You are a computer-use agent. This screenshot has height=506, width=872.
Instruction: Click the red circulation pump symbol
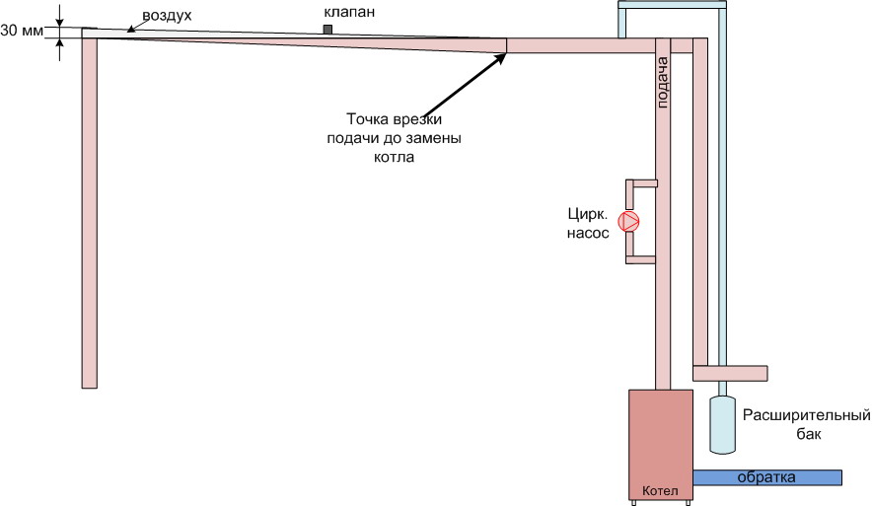(630, 222)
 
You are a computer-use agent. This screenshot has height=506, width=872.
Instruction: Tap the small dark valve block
(328, 30)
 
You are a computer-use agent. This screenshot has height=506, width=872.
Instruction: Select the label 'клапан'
(349, 12)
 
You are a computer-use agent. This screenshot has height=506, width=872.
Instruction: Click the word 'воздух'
(167, 16)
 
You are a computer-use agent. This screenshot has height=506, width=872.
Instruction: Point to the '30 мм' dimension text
(22, 31)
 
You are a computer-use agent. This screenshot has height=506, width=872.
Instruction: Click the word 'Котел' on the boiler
(660, 491)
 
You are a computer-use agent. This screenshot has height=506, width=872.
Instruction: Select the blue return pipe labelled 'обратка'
(767, 477)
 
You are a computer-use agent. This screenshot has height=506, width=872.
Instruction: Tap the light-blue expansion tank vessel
(722, 424)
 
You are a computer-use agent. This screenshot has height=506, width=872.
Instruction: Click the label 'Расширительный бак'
(806, 424)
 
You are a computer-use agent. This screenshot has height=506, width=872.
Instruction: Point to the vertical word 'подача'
(662, 82)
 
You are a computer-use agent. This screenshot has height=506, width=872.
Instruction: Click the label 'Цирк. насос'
(588, 224)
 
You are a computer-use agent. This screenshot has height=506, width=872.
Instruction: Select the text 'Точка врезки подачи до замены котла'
(394, 138)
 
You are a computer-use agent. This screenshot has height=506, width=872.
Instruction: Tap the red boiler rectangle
(661, 444)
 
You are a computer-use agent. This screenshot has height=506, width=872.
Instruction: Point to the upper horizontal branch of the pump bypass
(642, 182)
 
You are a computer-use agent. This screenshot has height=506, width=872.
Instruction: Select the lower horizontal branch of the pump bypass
(640, 259)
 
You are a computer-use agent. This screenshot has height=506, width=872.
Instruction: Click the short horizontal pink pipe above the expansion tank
(730, 373)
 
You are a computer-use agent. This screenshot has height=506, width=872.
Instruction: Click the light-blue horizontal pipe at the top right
(673, 5)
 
